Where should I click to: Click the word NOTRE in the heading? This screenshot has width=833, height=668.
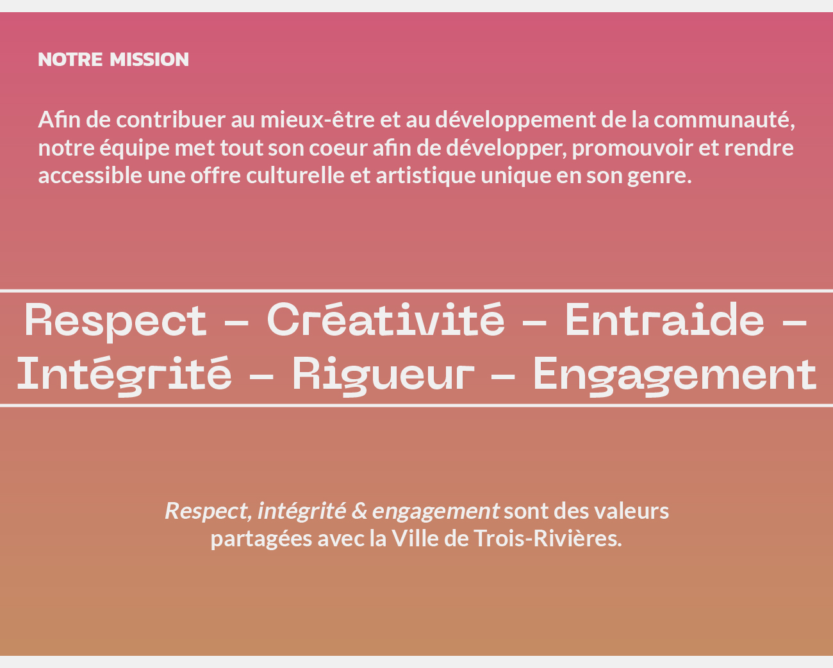70,60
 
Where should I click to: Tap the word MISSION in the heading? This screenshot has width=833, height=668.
149,60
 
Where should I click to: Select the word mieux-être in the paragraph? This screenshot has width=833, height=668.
317,120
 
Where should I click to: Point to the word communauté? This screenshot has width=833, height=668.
724,120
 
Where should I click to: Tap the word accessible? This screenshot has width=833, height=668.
90,175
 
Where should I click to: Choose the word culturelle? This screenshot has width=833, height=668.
295,175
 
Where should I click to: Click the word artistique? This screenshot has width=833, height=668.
425,176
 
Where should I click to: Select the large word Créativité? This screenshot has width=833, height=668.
386,319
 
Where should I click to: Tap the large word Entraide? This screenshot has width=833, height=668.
664,319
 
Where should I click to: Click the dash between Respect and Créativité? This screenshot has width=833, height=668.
236,322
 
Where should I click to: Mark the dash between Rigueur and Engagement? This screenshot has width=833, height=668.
503,376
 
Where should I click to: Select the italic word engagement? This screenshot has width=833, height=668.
436,512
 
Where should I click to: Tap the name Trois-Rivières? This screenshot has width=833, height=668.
547,539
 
